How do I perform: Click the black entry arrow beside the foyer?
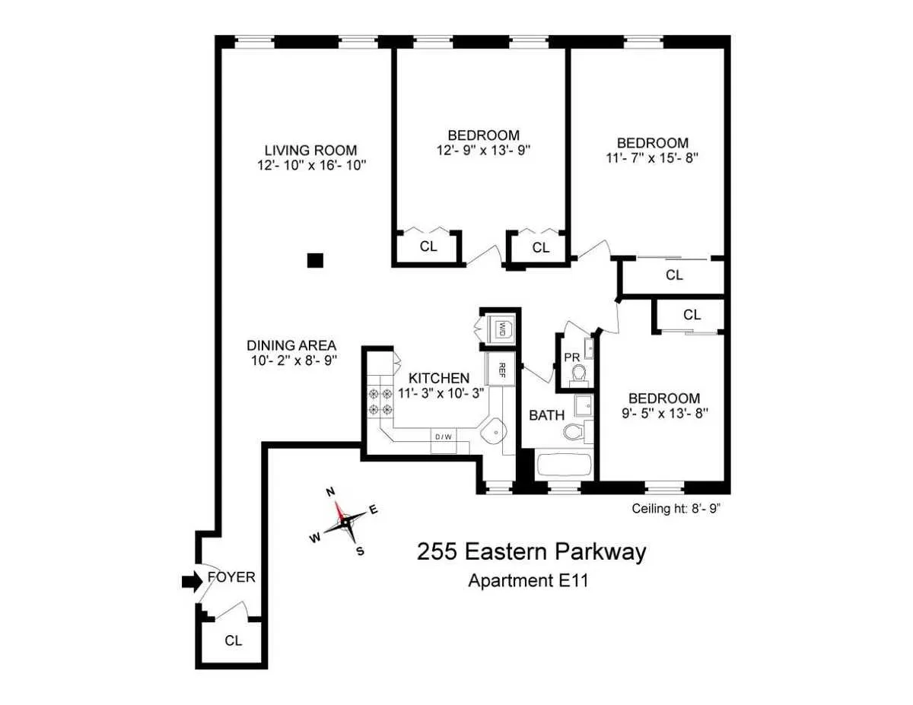pos(191,582)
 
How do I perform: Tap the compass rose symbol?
pos(346,521)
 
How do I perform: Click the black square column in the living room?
pos(315,261)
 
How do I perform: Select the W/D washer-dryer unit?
pos(501,329)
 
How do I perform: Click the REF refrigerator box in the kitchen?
pos(501,370)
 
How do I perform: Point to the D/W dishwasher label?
pos(443,437)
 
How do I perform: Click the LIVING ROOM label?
pos(310,151)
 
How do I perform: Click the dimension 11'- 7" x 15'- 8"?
pos(653,158)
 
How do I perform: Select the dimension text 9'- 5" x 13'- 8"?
pos(663,414)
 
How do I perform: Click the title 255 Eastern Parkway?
pos(531,551)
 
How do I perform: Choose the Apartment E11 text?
pos(530,582)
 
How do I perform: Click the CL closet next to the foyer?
pos(234,640)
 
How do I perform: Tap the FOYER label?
pos(231,577)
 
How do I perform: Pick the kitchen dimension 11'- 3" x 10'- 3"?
pos(441,393)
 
